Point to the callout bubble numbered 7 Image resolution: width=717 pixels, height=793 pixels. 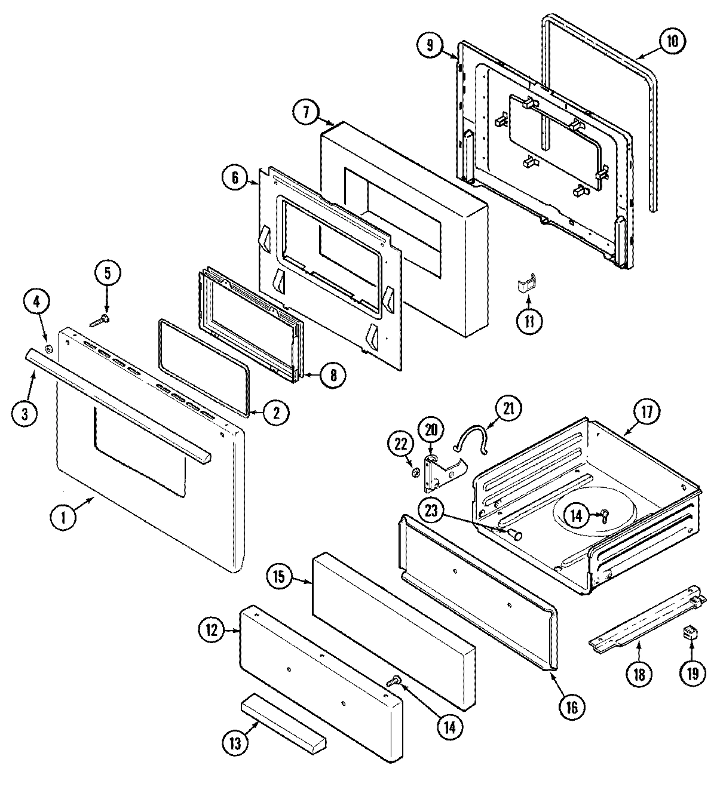(306, 113)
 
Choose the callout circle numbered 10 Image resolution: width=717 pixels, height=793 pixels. (672, 42)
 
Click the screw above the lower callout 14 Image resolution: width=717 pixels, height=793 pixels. (394, 680)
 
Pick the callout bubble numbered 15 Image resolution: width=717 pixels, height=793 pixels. (282, 577)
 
